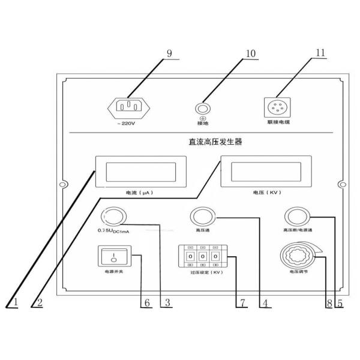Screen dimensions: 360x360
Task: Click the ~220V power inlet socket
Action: click(128, 107)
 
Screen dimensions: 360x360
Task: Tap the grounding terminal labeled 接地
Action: click(204, 108)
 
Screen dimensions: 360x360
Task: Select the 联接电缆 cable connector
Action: click(277, 108)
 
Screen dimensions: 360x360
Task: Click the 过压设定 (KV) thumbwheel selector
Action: click(203, 256)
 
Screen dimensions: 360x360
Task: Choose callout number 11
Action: click(320, 52)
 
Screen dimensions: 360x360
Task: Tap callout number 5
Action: click(340, 302)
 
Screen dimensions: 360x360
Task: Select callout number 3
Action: click(168, 302)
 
